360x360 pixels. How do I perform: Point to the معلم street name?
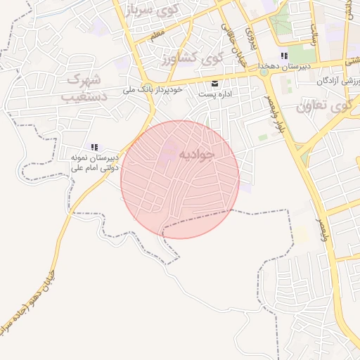[x=157, y=32]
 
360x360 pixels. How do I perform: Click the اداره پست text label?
[x=215, y=94]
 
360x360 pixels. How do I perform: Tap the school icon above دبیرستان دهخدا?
[x=284, y=56]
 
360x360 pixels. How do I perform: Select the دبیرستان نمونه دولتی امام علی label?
[x=94, y=163]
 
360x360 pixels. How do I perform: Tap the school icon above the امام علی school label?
[x=94, y=147]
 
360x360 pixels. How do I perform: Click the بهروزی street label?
[x=250, y=39]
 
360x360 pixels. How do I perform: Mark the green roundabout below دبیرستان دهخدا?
[x=264, y=71]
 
